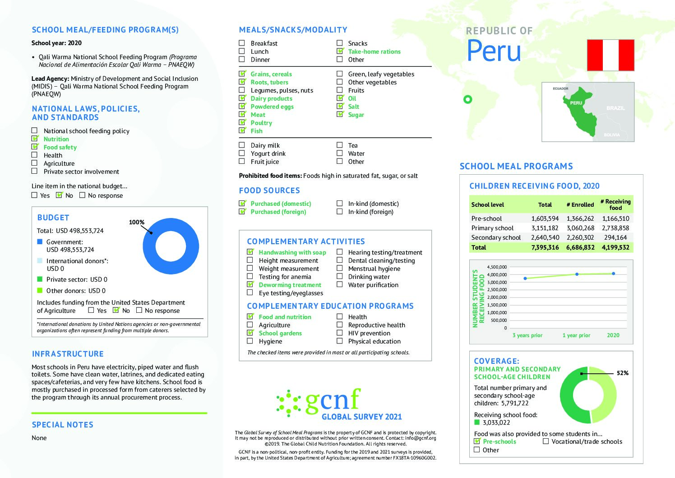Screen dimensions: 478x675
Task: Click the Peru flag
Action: tap(610, 55)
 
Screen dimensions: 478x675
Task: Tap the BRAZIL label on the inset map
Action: tap(615, 108)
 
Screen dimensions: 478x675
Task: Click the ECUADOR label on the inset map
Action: tap(560, 88)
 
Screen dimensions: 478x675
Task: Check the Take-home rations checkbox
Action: tap(340, 51)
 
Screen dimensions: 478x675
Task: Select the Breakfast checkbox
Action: tap(242, 43)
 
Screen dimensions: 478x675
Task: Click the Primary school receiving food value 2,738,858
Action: tap(615, 228)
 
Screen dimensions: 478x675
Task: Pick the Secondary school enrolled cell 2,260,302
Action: tap(580, 237)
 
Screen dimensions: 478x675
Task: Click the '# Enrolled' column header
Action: tap(580, 204)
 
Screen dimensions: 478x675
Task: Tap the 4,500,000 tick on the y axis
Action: tap(497, 267)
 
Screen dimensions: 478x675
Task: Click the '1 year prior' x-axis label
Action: tap(576, 335)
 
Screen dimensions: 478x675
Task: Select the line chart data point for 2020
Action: tap(613, 273)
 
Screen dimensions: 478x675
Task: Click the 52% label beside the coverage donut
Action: tap(622, 373)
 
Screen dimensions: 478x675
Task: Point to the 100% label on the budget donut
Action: tap(136, 222)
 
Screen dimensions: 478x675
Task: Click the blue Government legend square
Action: tap(40, 242)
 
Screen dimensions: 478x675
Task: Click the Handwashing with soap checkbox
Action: tap(250, 252)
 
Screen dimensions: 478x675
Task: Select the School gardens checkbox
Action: tap(250, 333)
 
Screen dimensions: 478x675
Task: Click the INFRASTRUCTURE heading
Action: tap(68, 354)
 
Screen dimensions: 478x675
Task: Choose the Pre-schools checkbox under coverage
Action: tap(477, 441)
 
